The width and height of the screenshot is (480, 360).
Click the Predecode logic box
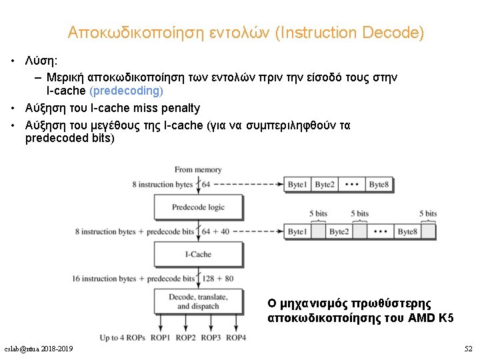pyautogui.click(x=198, y=207)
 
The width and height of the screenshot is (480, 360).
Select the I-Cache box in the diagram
pyautogui.click(x=198, y=254)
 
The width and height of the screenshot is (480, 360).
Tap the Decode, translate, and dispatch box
pyautogui.click(x=198, y=301)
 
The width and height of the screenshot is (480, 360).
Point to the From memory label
pyautogui.click(x=198, y=170)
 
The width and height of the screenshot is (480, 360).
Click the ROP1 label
pyautogui.click(x=160, y=338)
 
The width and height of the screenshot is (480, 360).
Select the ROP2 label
pyautogui.click(x=185, y=338)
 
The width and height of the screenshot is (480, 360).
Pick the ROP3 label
pyautogui.click(x=211, y=338)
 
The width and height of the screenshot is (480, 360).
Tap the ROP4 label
pyautogui.click(x=236, y=338)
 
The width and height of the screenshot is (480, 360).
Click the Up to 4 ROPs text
pyautogui.click(x=122, y=338)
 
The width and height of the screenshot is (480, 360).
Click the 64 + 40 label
pyautogui.click(x=215, y=231)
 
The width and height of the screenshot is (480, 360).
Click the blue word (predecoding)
pyautogui.click(x=126, y=90)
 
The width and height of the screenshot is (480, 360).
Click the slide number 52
pyautogui.click(x=468, y=349)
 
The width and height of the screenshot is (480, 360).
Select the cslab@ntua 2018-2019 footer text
pyautogui.click(x=39, y=349)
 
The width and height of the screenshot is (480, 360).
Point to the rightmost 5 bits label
pyautogui.click(x=428, y=214)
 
